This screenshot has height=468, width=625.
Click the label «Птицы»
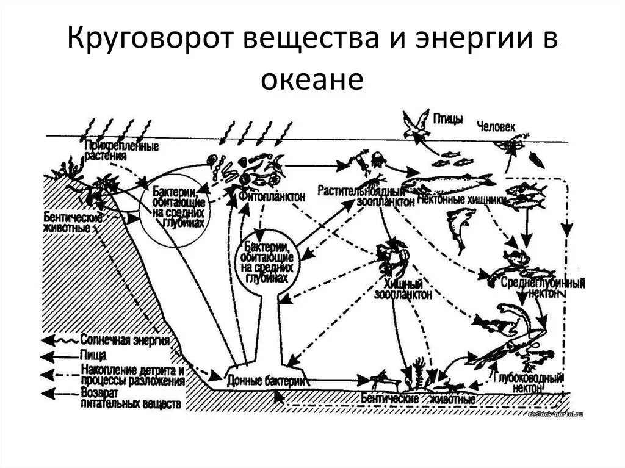(449, 118)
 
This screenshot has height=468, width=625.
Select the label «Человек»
(497, 126)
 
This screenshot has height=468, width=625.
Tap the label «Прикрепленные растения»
(123, 150)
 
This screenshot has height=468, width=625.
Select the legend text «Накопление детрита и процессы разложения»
(131, 375)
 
